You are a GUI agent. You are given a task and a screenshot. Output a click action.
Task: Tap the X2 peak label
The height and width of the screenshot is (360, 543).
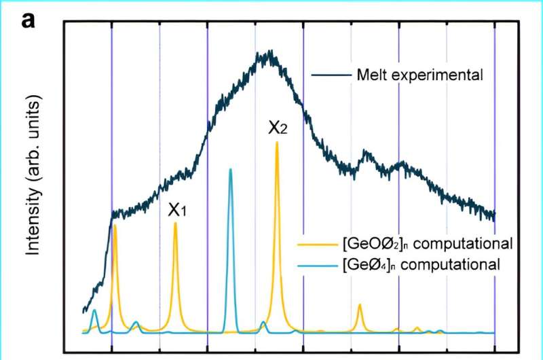(277, 127)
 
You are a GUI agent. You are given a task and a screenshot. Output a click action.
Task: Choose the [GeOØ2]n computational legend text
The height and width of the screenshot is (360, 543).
(427, 244)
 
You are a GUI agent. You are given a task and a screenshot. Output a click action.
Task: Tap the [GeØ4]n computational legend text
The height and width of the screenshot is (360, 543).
(422, 264)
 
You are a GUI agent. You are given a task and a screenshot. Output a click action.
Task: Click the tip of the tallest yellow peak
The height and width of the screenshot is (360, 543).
(277, 143)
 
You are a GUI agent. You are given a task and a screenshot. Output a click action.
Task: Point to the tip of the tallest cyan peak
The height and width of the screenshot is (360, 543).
(231, 169)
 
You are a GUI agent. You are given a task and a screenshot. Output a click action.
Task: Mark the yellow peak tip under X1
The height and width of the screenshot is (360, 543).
(176, 223)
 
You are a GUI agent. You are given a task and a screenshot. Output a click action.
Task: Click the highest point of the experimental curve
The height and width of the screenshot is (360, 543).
(270, 51)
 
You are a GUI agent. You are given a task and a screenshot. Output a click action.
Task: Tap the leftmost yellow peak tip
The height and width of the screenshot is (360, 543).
(115, 225)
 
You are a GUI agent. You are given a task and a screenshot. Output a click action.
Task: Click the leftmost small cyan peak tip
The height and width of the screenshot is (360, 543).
(95, 310)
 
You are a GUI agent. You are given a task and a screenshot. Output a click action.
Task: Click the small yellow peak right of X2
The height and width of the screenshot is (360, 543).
(360, 304)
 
